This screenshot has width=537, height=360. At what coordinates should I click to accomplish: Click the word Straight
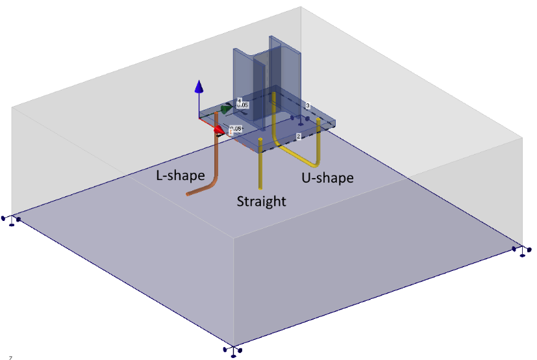click(x=261, y=201)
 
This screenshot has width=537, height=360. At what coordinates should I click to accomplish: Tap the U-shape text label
click(x=327, y=177)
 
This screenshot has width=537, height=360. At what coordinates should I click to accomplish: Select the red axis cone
click(x=219, y=130)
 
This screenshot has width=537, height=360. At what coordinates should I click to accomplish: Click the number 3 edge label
click(x=308, y=105)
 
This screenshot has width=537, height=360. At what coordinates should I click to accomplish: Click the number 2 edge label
click(x=298, y=136)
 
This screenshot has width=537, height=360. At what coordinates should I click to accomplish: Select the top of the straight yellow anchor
click(x=260, y=140)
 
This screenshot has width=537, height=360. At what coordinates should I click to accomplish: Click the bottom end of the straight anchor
click(x=261, y=188)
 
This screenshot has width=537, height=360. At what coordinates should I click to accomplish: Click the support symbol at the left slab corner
click(x=11, y=220)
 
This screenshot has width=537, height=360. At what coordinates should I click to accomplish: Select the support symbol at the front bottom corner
click(x=233, y=350)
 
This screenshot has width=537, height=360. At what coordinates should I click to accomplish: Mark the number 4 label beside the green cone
click(x=239, y=101)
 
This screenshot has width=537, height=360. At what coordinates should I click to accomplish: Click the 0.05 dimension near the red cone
click(x=236, y=129)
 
